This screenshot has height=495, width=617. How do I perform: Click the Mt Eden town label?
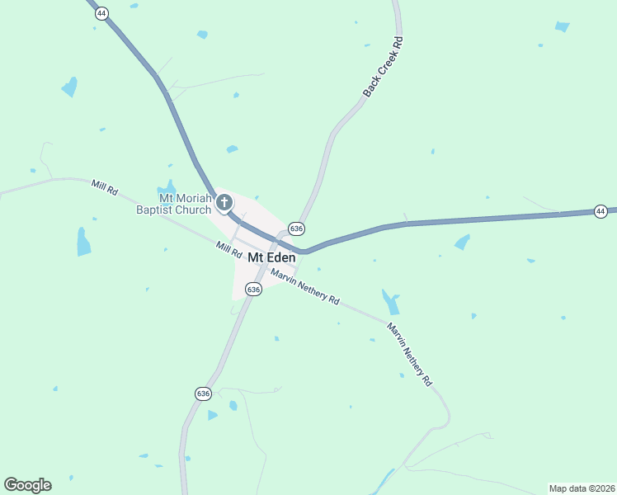(x=271, y=257)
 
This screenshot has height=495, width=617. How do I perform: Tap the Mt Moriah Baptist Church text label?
(x=173, y=204)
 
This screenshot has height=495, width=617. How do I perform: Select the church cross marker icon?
(x=224, y=202)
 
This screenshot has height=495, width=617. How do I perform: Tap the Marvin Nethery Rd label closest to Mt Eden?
(x=305, y=287)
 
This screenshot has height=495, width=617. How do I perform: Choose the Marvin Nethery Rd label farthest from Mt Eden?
(x=410, y=355)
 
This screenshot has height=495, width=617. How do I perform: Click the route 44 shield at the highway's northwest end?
(x=101, y=14)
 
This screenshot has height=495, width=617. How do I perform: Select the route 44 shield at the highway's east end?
(x=601, y=212)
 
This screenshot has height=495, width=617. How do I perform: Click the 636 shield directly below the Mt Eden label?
(x=253, y=289)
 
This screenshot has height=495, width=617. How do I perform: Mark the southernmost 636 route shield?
(x=204, y=394)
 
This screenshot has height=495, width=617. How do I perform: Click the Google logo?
(x=27, y=485)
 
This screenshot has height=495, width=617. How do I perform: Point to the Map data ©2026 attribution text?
(x=582, y=488)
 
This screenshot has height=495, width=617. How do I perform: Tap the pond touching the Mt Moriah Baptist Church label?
(x=167, y=188)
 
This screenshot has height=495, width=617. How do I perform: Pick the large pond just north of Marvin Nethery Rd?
(x=390, y=301)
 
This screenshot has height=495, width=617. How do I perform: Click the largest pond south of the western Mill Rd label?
(x=83, y=242)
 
